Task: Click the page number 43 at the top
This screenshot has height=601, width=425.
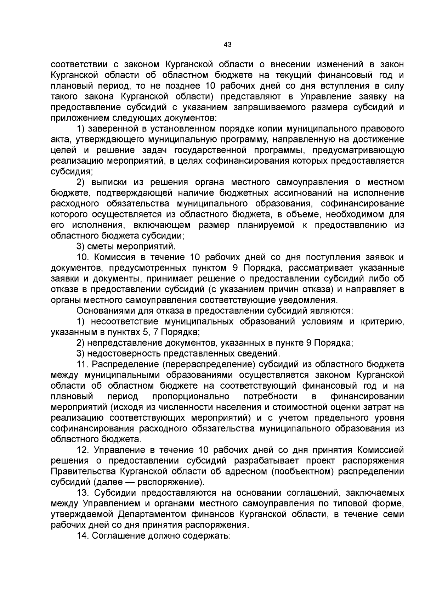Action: pos(228,45)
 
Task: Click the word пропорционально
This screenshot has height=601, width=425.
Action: pos(191,397)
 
